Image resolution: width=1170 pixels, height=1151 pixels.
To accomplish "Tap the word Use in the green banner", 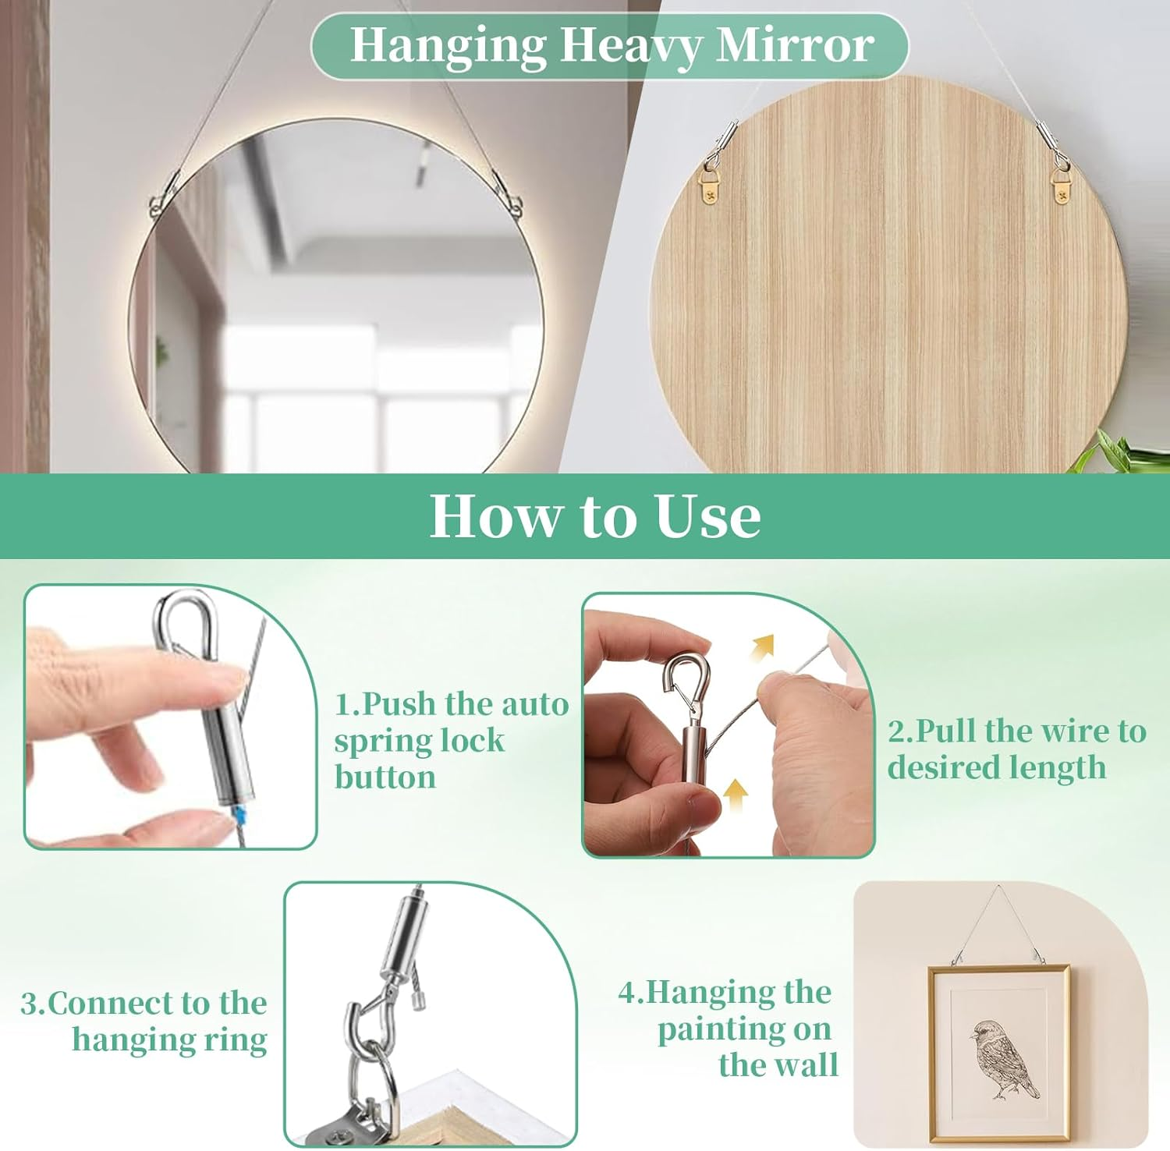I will pos(707,516).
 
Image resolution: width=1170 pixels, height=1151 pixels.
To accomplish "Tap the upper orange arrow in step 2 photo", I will pos(762,646).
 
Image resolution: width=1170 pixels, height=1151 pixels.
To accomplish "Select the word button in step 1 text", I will pos(385,777).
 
